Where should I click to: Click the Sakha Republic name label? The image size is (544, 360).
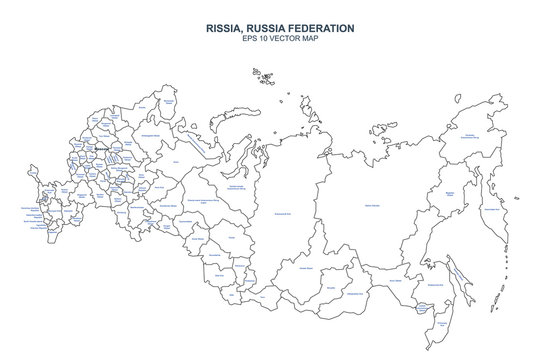pyautogui.click(x=372, y=206)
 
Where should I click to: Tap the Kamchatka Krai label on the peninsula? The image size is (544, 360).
pyautogui.click(x=491, y=210)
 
